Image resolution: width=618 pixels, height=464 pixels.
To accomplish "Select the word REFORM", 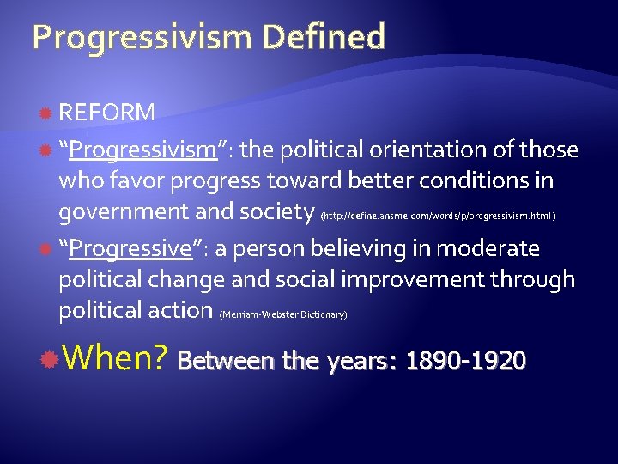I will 107,113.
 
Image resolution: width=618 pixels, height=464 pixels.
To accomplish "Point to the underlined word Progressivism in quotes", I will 143,150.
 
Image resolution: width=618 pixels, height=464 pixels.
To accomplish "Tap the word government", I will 120,212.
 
